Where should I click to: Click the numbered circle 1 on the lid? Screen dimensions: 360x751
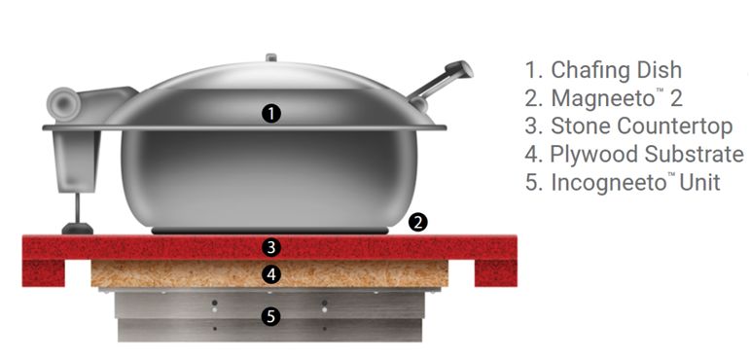coord(271,113)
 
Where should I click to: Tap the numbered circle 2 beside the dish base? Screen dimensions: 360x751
coord(418,222)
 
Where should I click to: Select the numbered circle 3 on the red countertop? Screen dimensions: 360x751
coord(272,247)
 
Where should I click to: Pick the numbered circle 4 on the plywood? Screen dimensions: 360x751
coord(272,274)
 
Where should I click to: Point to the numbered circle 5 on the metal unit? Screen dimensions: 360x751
coord(272,316)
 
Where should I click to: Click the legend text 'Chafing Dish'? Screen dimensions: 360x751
coord(617,70)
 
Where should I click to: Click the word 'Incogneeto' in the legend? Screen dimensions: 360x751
coord(607,182)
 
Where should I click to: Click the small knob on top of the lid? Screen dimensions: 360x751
coord(272,58)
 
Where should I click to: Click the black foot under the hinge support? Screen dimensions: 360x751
coord(77,229)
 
